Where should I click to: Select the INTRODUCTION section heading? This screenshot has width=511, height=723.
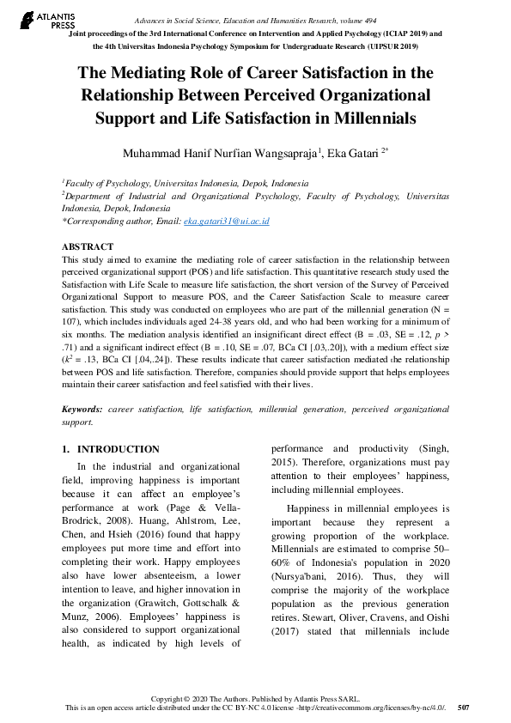[x=118, y=449]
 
